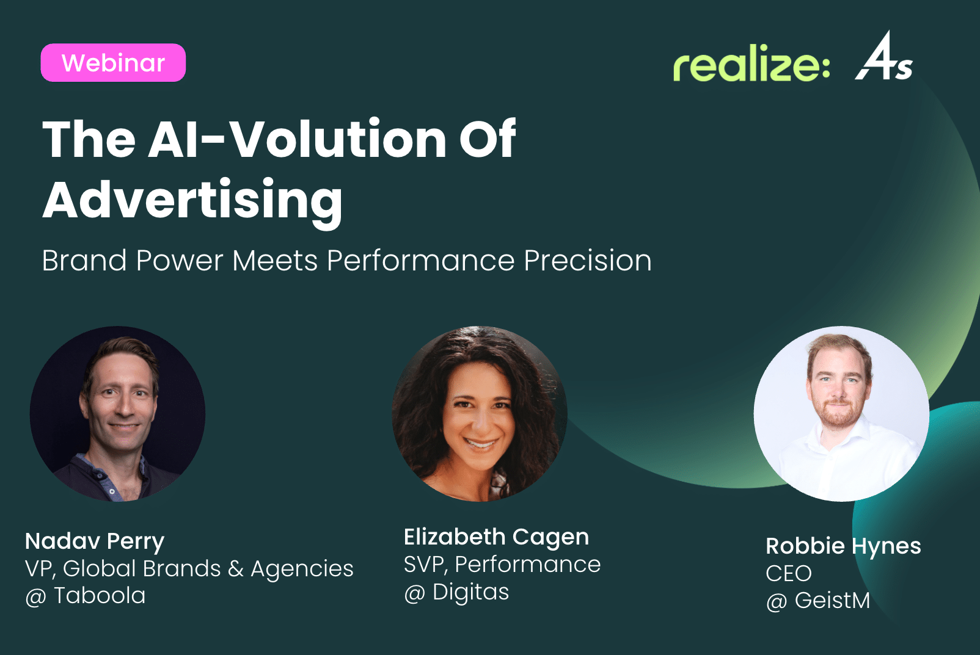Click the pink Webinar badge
pos(113,62)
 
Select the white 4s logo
pos(884,56)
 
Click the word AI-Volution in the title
pos(297,139)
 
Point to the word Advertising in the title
pos(192,201)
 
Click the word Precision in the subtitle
pos(588,261)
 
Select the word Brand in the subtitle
pos(84,261)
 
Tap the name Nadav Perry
pos(95,542)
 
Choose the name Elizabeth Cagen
pos(496,537)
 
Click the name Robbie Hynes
pos(843,546)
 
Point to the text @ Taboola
pos(86,596)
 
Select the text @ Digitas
pos(456,593)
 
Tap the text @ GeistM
pos(817,600)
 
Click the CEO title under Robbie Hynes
pos(788,573)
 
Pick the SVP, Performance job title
pos(502,565)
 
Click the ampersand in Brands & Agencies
pos(235,568)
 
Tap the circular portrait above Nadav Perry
pos(117,414)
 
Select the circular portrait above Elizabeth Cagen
pos(480,414)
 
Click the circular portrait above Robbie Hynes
pos(841,414)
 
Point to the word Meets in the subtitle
pos(275,261)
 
